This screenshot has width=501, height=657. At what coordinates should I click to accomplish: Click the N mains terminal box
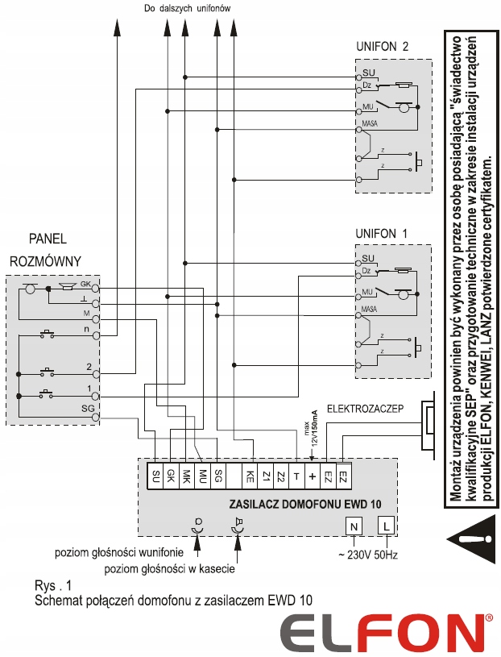point(354,526)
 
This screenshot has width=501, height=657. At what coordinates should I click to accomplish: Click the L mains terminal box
point(387,526)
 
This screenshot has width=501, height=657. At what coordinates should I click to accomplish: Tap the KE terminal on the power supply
point(250,476)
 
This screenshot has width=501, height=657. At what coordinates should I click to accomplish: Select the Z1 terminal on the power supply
point(266,476)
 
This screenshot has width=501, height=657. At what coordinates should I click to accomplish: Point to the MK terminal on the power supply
point(186,476)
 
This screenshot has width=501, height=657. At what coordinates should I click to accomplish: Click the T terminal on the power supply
point(296,476)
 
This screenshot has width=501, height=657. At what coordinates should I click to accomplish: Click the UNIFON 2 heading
point(383,46)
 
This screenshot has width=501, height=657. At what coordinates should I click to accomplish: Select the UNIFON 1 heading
point(383,233)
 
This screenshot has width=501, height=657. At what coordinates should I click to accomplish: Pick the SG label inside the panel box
point(88,409)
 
